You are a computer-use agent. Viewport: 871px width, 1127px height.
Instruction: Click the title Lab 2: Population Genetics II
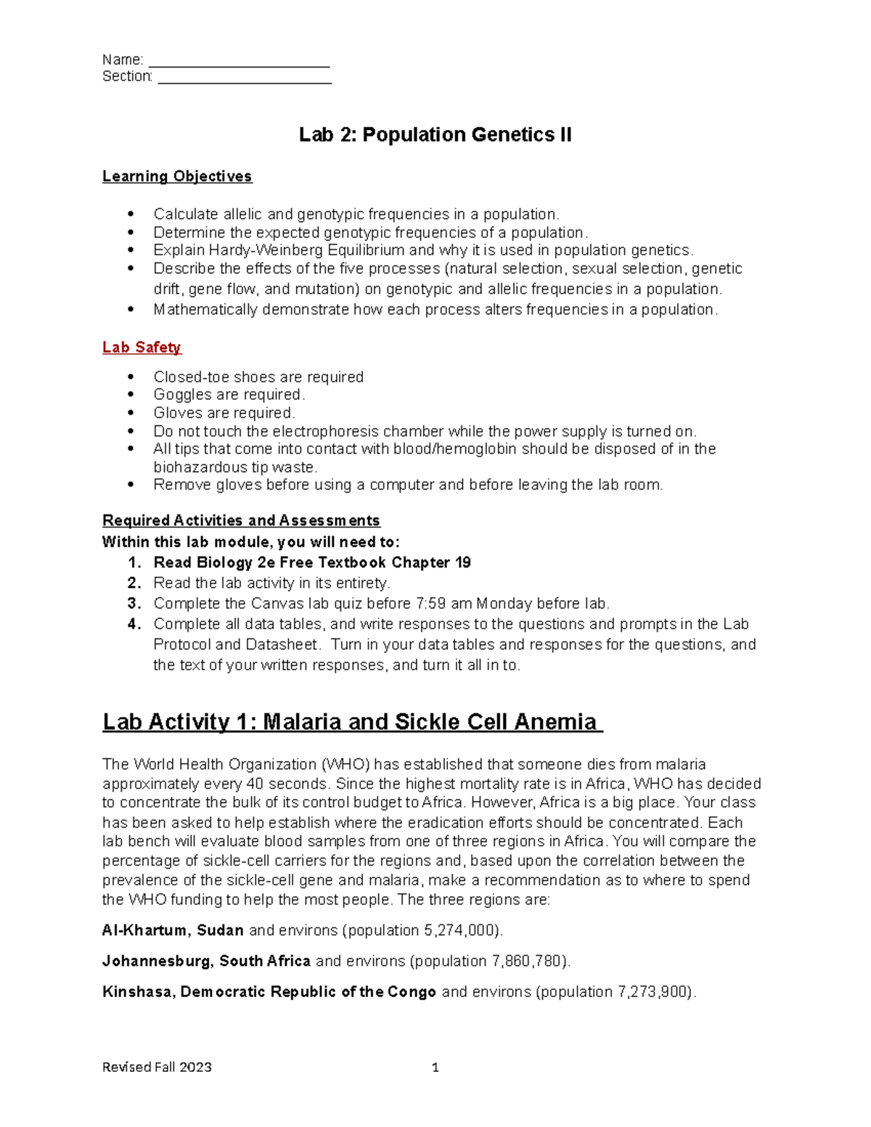[x=435, y=135]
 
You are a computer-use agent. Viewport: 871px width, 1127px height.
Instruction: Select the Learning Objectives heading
[x=177, y=176]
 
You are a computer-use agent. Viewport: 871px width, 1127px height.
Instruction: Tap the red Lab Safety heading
[x=142, y=348]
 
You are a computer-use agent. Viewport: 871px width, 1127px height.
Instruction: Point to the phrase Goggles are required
[x=229, y=395]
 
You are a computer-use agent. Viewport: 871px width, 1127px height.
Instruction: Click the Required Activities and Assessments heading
[x=241, y=520]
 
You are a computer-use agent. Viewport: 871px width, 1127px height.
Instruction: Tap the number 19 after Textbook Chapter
[x=462, y=562]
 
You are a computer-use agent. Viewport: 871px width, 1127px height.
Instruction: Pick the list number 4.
[x=134, y=624]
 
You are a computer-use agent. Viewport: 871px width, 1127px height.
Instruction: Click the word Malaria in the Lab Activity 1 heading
[x=302, y=722]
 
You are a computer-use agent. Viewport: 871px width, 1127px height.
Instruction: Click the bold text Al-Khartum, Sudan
[x=173, y=931]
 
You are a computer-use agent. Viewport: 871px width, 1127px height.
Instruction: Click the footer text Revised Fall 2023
[x=157, y=1067]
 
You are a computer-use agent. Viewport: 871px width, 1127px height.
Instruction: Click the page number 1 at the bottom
[x=435, y=1067]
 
